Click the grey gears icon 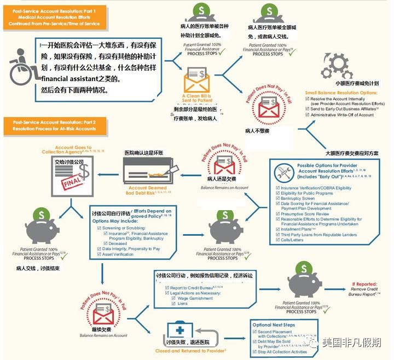pyautogui.click(x=335, y=66)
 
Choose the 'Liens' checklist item pyautogui.click(x=183, y=304)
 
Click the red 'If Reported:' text pyautogui.click(x=364, y=284)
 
